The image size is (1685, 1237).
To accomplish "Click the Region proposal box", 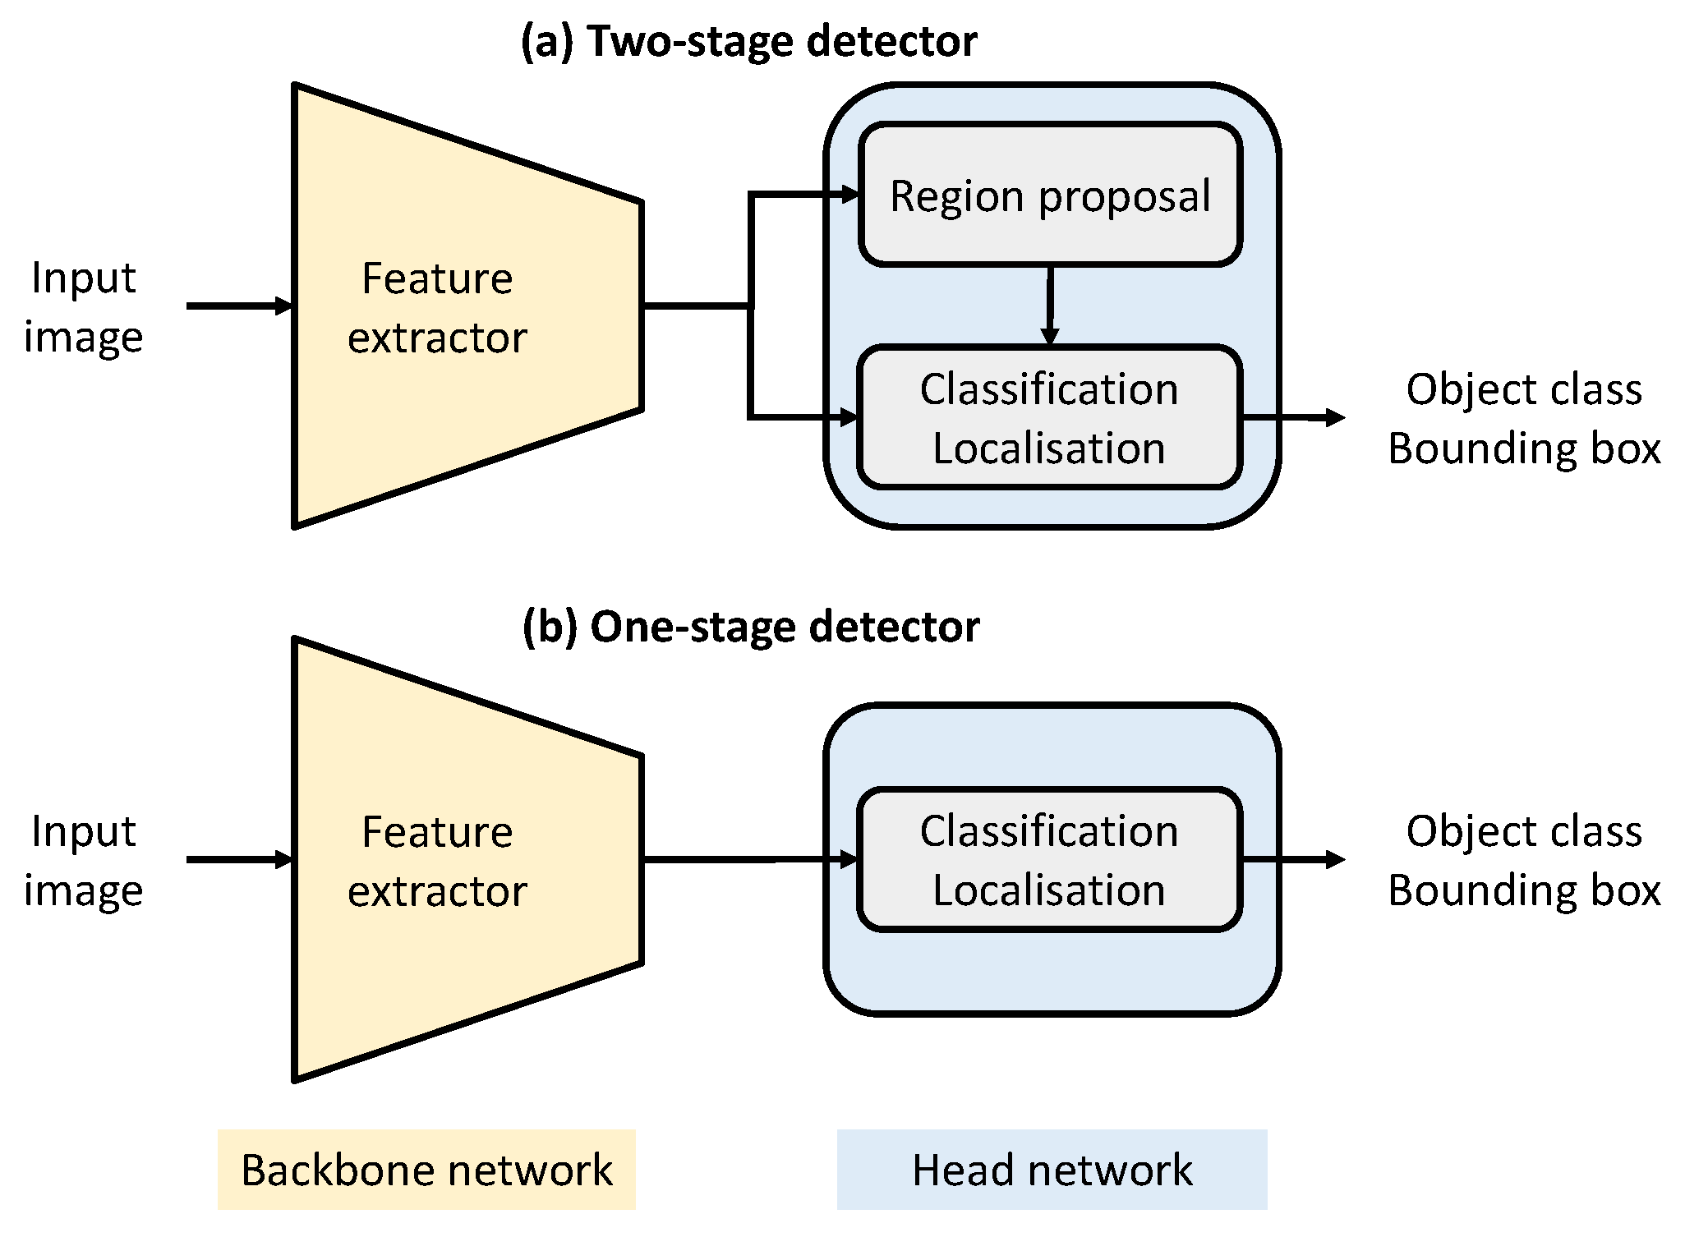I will click(1049, 195).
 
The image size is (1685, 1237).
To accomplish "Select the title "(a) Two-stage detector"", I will click(748, 41).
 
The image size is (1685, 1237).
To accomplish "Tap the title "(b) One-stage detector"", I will click(750, 627).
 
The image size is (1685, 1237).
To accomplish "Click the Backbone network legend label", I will click(426, 1170).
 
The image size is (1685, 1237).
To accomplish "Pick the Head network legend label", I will click(1052, 1170).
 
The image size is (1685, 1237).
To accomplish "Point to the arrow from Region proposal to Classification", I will click(1049, 304).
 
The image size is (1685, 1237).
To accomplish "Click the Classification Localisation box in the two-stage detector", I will click(1049, 417).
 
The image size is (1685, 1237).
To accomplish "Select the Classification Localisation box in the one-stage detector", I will click(1049, 859).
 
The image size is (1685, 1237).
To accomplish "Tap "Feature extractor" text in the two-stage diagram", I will click(437, 307).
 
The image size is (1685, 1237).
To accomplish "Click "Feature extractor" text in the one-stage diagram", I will click(437, 861).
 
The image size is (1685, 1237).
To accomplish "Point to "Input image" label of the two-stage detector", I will click(83, 307).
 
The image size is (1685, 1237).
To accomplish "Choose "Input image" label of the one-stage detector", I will click(83, 861).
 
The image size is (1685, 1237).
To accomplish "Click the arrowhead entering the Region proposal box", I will click(851, 195).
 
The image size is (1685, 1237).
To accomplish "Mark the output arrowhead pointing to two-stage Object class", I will click(1336, 417).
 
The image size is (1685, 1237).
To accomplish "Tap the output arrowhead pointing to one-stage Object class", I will click(1336, 859).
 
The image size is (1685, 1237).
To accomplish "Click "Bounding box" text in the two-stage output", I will click(1524, 448).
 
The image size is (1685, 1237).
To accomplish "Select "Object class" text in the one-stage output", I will click(1524, 831).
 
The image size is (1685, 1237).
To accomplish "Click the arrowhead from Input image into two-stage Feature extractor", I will click(284, 306).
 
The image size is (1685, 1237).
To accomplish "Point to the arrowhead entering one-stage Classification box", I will click(849, 859).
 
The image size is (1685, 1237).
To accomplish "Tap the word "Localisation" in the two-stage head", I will click(1049, 448).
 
